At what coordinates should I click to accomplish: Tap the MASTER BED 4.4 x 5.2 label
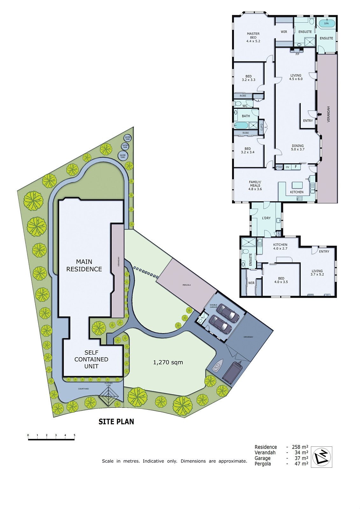click(253, 37)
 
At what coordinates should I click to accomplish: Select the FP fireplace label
click(297, 54)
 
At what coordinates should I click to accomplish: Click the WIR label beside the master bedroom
click(284, 32)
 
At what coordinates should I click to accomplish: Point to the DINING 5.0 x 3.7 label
click(298, 148)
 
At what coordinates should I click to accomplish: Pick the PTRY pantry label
click(279, 167)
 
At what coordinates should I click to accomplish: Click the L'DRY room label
click(266, 218)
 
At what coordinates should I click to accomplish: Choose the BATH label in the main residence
click(246, 116)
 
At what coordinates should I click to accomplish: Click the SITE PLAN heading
click(116, 422)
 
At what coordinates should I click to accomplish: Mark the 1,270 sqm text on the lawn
click(168, 362)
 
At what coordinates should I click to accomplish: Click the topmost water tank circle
click(128, 138)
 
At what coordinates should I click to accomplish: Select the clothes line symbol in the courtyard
click(109, 396)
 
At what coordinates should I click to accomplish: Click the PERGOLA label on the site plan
click(187, 285)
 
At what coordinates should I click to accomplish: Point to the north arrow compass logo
click(321, 457)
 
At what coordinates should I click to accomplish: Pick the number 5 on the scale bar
click(74, 435)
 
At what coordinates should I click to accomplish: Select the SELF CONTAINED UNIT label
click(91, 359)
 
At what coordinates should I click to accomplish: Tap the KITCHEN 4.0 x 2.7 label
click(280, 247)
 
